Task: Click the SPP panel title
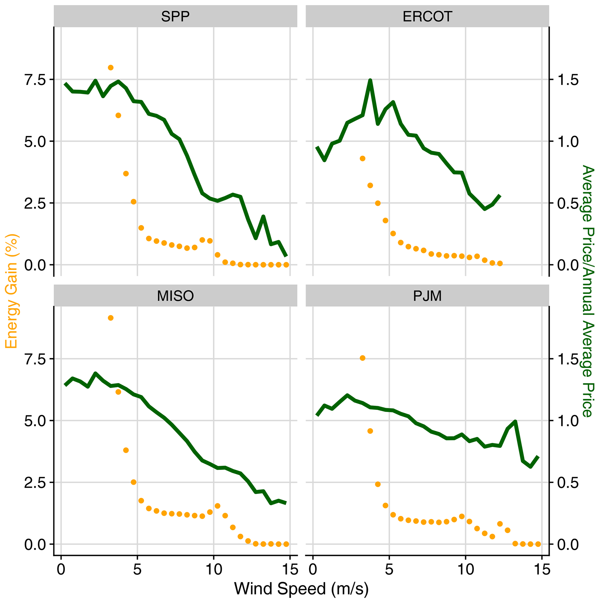[x=175, y=17]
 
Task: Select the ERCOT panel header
[x=427, y=17]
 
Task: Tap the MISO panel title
[x=175, y=296]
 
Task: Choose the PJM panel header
[x=427, y=296]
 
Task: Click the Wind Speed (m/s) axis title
[x=301, y=589]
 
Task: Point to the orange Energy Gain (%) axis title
[x=11, y=292]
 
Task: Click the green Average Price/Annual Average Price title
[x=588, y=292]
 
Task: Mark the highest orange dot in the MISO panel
[x=110, y=318]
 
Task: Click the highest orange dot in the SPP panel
[x=110, y=68]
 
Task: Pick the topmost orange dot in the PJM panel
[x=362, y=358]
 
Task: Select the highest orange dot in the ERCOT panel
[x=362, y=159]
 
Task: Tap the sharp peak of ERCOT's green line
[x=370, y=80]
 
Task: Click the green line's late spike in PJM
[x=515, y=422]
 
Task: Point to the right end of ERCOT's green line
[x=500, y=196]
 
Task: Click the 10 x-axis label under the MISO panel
[x=214, y=570]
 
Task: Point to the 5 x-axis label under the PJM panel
[x=389, y=570]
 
